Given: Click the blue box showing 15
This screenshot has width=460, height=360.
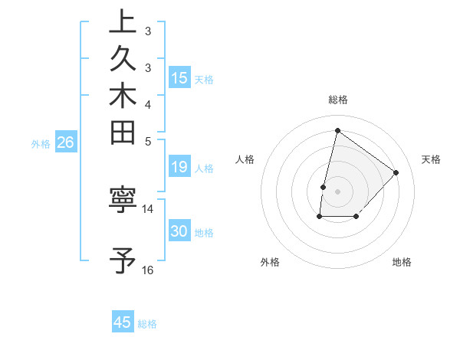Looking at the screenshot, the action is (179, 77).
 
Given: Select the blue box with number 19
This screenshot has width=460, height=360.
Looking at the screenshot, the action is (179, 168).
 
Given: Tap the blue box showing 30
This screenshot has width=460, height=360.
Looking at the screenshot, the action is (179, 232).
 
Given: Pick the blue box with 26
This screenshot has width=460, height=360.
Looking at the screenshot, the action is (66, 142).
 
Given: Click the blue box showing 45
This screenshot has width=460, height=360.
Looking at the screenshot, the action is (123, 322).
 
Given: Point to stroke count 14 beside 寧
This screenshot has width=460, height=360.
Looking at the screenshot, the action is (148, 208).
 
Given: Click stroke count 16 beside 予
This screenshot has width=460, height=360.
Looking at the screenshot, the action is (148, 270).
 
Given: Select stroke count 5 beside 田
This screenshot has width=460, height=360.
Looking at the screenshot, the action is (148, 141).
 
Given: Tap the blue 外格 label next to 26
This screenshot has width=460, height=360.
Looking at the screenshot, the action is (41, 143).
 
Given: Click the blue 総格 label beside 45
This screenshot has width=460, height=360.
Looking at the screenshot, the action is (147, 324).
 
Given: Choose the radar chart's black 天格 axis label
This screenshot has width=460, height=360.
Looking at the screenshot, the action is (431, 159).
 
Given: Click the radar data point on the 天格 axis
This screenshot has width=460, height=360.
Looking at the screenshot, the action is (396, 172).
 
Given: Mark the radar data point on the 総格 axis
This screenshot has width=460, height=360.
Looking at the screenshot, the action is (337, 131).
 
